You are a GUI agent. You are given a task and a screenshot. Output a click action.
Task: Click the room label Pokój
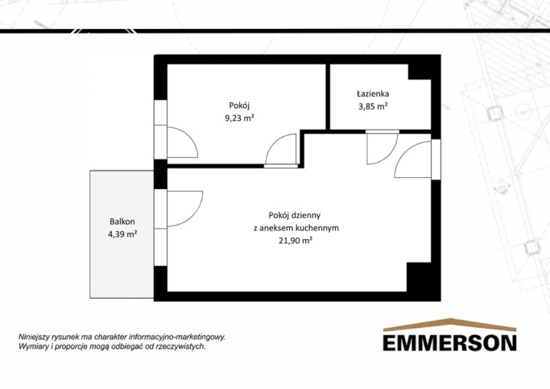239,106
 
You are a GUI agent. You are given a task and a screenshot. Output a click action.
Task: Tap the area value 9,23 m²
239,118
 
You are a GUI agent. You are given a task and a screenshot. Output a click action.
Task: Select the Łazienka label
373,93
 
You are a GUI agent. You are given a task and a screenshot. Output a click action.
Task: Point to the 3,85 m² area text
373,106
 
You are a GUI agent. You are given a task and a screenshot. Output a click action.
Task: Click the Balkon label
122,221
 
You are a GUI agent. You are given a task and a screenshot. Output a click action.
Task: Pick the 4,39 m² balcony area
122,234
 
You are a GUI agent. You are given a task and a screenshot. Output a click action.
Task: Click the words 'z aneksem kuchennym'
296,228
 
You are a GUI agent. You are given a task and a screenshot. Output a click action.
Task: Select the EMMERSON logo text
449,343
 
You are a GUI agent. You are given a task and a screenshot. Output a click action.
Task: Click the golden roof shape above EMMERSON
449,324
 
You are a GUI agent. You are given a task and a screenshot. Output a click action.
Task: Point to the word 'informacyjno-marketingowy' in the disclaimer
177,337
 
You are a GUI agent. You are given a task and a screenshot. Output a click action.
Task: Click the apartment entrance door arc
403,151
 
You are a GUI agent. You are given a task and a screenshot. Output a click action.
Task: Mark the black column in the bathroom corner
420,72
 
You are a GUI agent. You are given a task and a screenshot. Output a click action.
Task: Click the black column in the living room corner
419,277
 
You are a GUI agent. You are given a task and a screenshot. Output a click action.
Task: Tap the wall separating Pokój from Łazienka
328,97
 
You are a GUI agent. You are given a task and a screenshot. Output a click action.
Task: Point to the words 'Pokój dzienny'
294,215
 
